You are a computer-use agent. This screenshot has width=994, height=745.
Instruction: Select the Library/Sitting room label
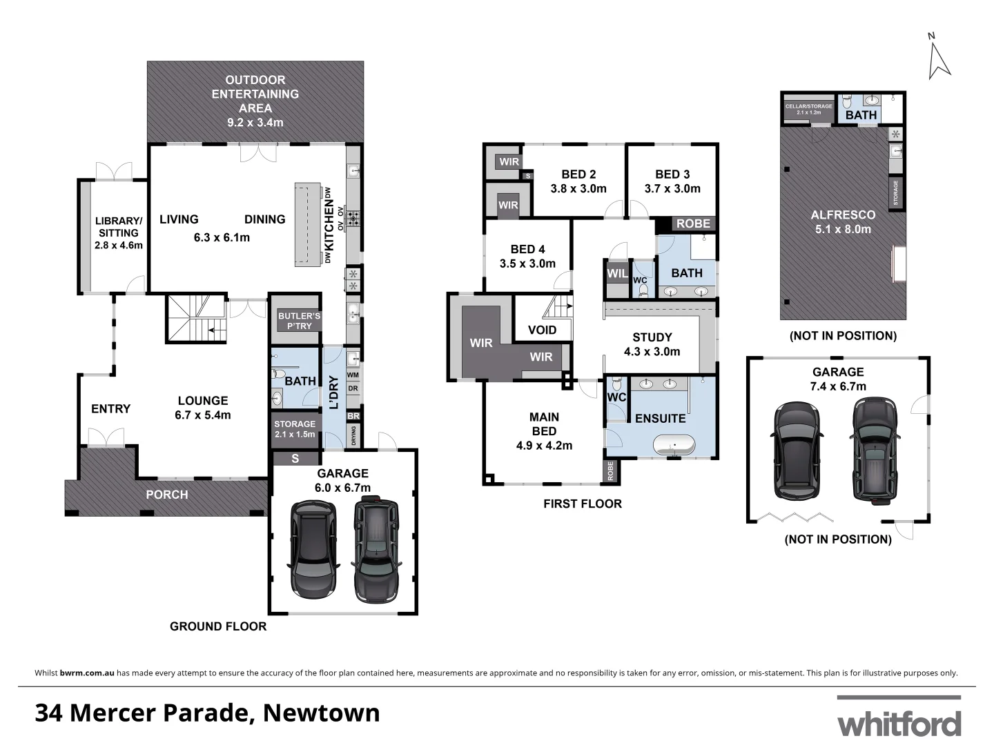[118, 232]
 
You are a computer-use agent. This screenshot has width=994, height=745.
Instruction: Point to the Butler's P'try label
[299, 321]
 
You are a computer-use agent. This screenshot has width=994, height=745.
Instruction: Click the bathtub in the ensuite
[673, 445]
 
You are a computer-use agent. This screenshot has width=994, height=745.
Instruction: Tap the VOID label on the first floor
[542, 330]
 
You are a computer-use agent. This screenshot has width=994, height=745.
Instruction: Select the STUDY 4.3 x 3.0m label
[652, 344]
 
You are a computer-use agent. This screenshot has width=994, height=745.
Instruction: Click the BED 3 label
[672, 181]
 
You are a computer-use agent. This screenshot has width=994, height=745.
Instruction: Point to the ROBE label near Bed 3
[692, 223]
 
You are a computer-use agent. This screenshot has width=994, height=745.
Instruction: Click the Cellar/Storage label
[808, 109]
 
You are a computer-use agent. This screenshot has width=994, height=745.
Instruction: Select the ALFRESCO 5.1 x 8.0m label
[842, 222]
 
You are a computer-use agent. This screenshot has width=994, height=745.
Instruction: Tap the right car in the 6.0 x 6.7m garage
[376, 550]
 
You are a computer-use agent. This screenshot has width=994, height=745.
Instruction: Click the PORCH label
[167, 495]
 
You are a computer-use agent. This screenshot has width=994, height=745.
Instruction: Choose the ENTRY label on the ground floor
[110, 409]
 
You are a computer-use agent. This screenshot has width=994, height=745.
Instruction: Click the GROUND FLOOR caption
[218, 626]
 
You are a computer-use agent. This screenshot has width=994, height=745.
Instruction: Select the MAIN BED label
[544, 431]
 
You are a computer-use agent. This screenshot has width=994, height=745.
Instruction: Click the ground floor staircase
[196, 317]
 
